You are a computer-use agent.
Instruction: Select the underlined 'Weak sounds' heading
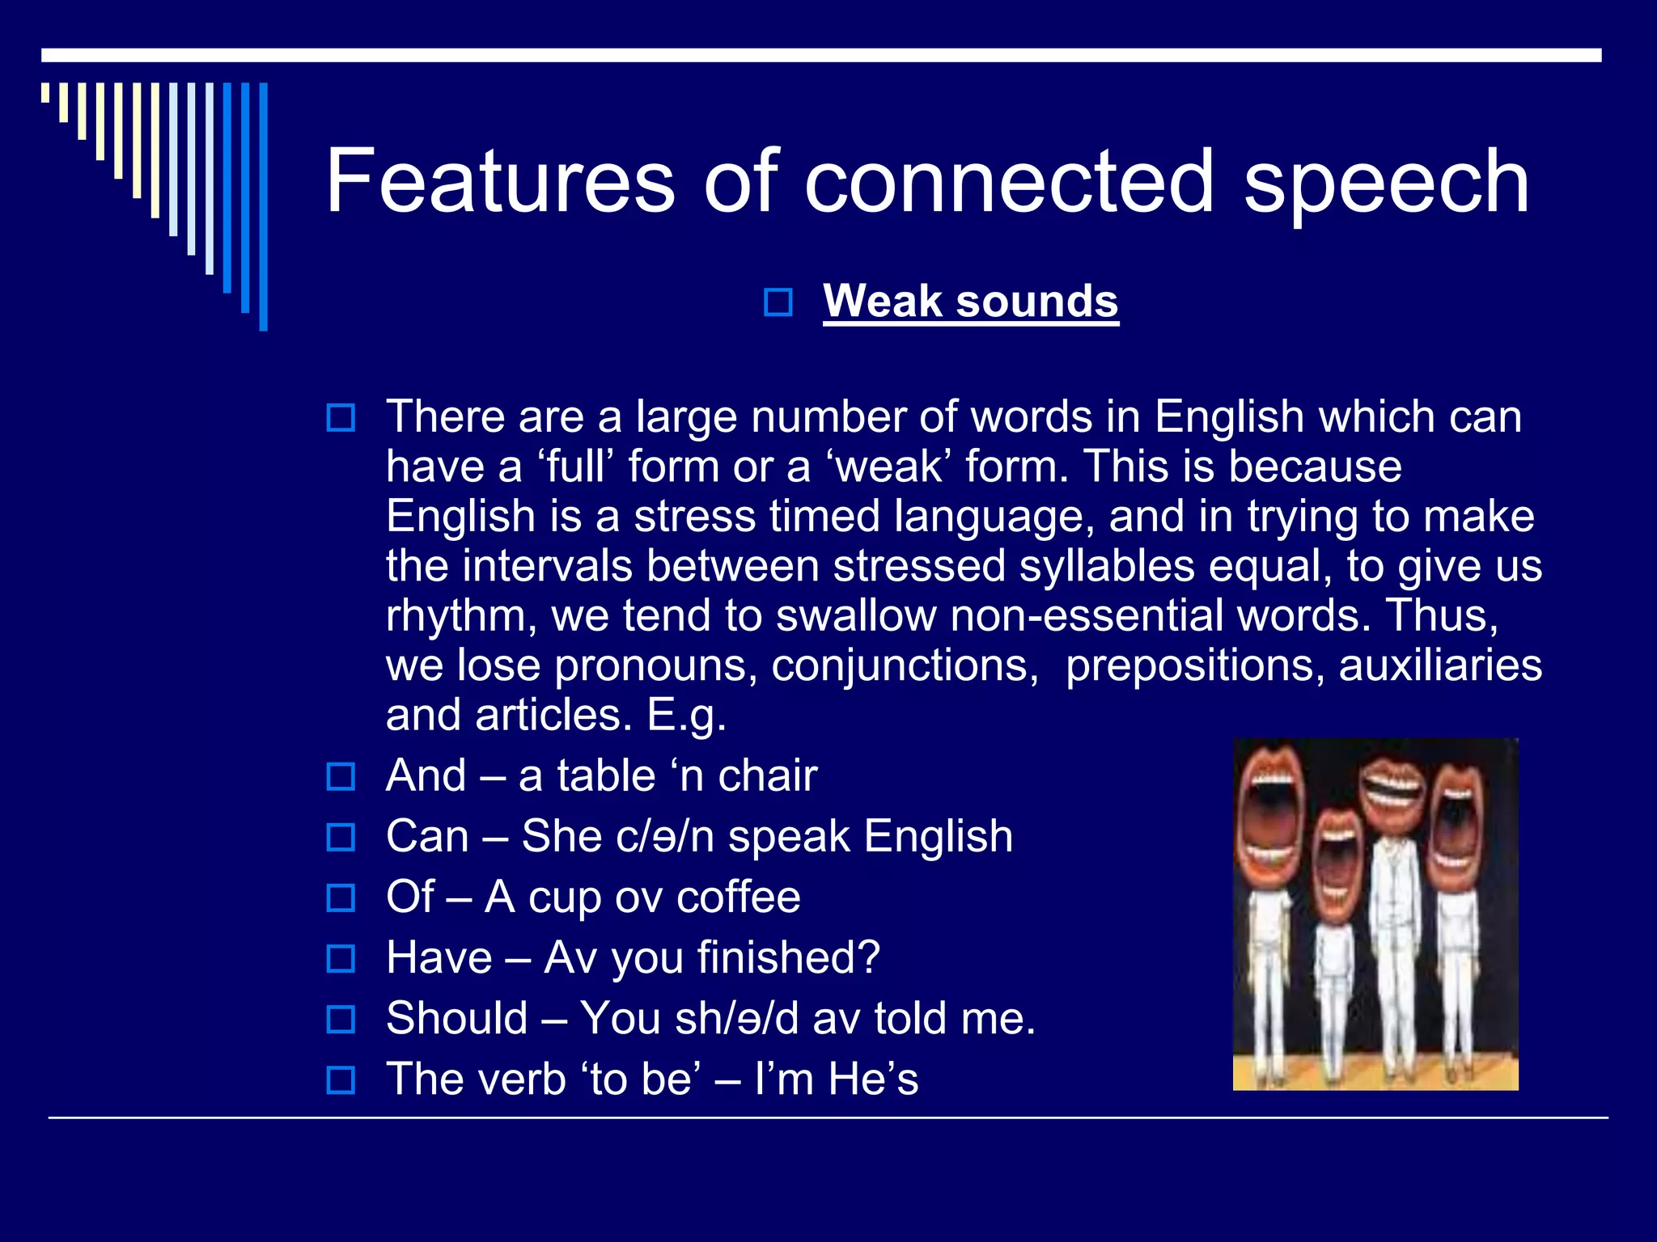(970, 301)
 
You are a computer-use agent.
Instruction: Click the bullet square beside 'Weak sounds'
(778, 302)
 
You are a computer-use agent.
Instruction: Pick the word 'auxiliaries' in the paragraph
(1440, 665)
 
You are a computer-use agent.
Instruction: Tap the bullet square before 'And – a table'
(341, 776)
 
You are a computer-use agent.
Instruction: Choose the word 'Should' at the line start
(456, 1018)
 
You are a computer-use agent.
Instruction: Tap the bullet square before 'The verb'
(341, 1080)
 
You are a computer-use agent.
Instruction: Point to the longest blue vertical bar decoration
(263, 207)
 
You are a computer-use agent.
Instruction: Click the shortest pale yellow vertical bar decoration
(46, 93)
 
